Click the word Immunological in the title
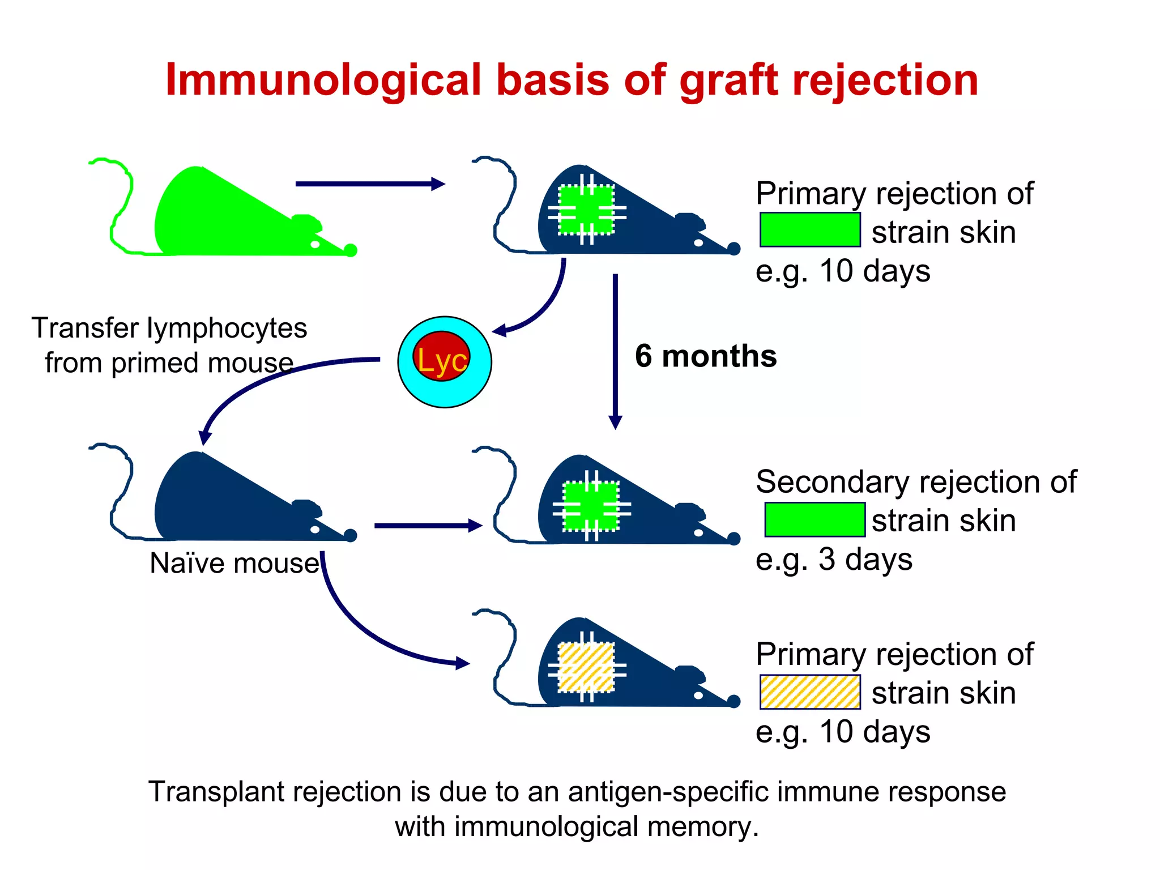(323, 80)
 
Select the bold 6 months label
(705, 356)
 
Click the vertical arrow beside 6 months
(615, 351)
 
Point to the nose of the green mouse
(351, 250)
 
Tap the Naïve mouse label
(234, 563)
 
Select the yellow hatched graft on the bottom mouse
(586, 667)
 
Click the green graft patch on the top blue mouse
(586, 210)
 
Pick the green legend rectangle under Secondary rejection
(814, 519)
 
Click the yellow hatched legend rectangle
(810, 692)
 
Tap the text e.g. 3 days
(834, 560)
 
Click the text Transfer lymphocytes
(169, 329)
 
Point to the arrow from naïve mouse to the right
(428, 526)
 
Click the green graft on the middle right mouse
(591, 506)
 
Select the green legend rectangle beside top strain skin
(810, 229)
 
